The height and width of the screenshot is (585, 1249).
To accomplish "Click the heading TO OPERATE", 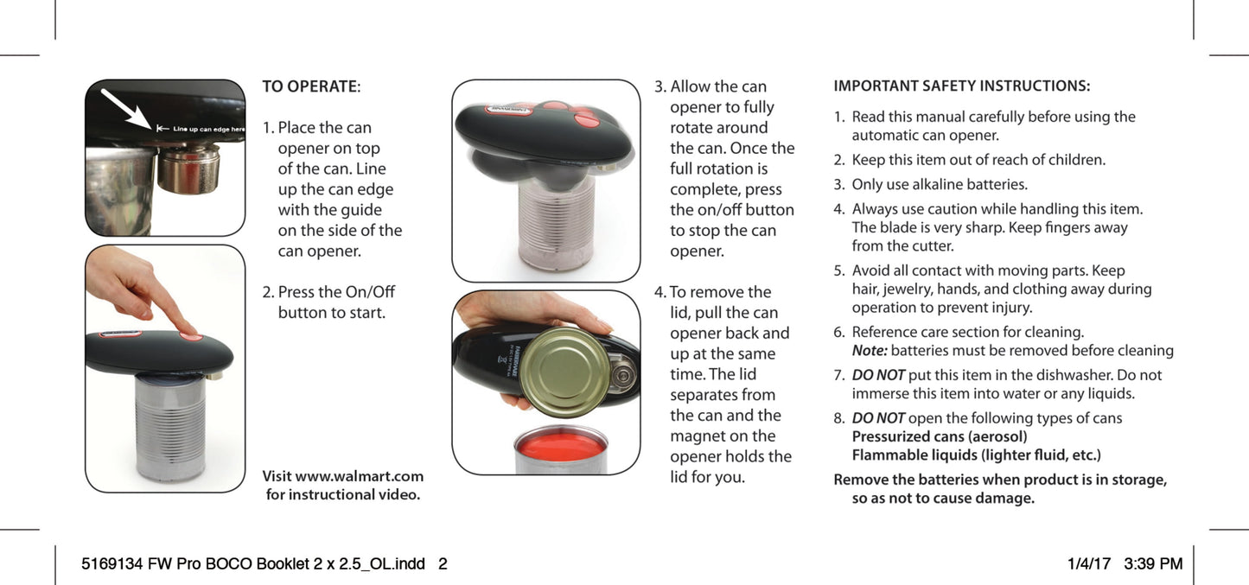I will [309, 86].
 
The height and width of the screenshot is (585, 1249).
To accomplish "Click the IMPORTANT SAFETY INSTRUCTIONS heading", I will [961, 86].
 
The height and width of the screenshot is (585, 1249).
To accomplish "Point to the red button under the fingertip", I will [192, 336].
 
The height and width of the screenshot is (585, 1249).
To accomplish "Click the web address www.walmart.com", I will [359, 476].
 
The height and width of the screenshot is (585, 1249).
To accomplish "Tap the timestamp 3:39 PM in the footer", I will [1153, 564].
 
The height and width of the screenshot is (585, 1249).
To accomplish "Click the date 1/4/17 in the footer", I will [1089, 564].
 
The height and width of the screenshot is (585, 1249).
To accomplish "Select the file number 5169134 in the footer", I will [112, 564].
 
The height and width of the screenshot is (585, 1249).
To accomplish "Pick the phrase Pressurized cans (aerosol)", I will [940, 436].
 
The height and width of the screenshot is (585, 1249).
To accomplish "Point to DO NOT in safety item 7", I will [877, 375].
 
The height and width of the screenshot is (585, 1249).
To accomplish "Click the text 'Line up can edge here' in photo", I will [208, 129].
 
